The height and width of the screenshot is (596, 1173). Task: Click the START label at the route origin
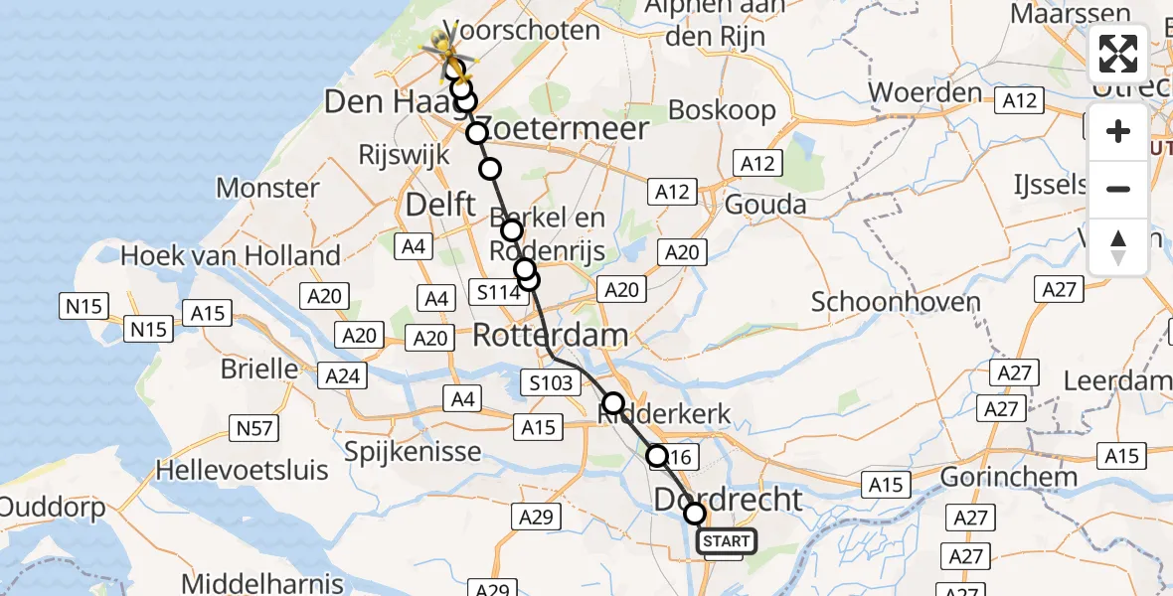727,541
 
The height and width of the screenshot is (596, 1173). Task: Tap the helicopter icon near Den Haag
444,46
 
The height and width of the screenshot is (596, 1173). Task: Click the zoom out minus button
1118,189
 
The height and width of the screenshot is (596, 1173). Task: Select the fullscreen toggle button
1118,54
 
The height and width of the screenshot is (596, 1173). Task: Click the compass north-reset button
1118,246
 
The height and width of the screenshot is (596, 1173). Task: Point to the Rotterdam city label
550,335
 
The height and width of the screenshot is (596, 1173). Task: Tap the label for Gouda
765,205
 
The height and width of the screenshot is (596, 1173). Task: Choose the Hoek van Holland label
231,255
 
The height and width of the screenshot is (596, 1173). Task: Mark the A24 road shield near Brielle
344,375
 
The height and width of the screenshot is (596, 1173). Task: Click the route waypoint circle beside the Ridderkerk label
613,403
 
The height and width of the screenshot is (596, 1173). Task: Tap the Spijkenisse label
413,452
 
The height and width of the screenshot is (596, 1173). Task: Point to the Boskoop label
722,109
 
